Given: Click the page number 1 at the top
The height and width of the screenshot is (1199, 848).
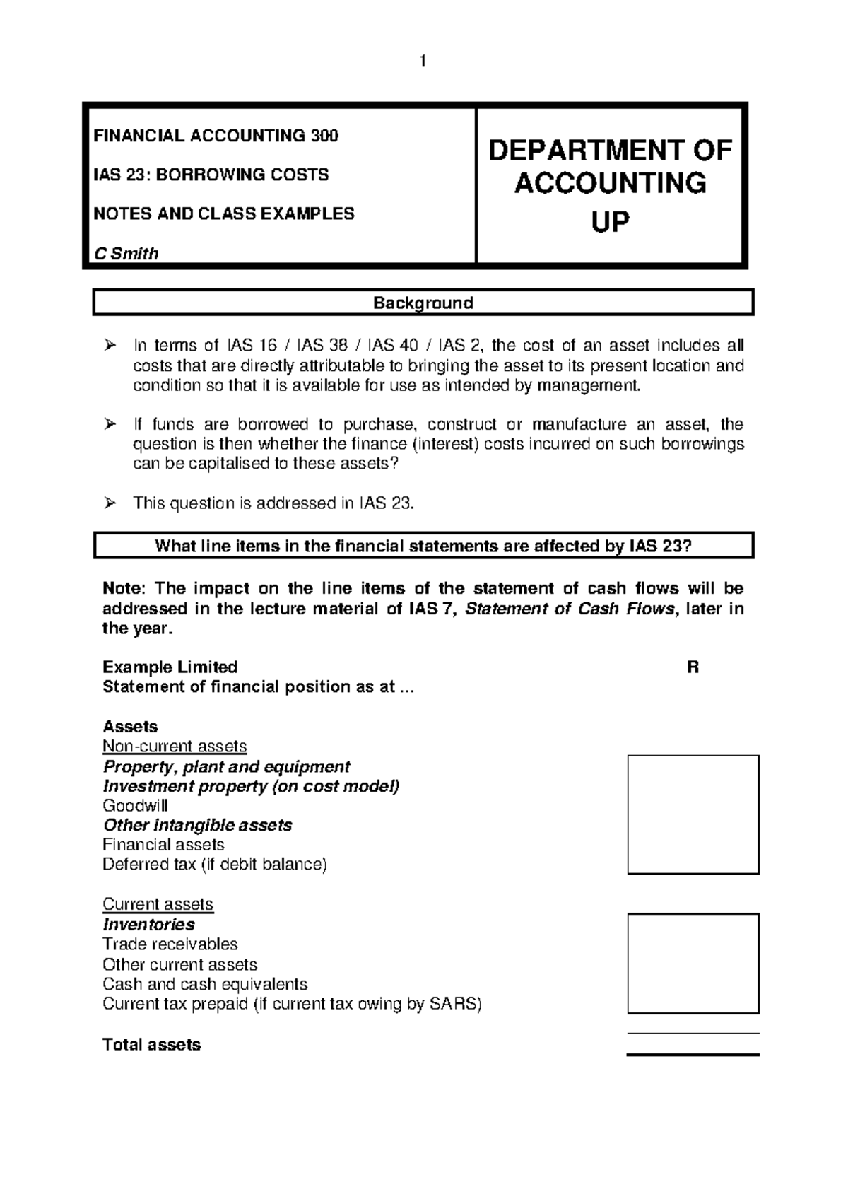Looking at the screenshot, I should click(x=423, y=62).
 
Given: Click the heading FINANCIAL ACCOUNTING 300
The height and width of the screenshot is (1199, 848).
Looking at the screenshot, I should click(x=216, y=136).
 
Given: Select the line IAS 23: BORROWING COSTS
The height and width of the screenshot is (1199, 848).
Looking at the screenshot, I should click(x=211, y=175).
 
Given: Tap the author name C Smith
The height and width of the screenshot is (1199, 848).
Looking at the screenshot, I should click(x=126, y=254).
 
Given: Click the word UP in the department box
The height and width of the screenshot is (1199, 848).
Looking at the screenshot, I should click(x=609, y=223).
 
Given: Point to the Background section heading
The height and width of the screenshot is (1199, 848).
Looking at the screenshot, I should click(x=423, y=303).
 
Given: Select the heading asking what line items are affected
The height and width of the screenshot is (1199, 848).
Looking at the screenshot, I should click(x=423, y=546).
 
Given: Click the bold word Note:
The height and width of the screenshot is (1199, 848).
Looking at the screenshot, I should click(x=124, y=588).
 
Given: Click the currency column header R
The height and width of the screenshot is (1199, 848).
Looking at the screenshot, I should click(x=693, y=667).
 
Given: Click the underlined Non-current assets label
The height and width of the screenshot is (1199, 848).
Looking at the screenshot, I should click(x=175, y=747).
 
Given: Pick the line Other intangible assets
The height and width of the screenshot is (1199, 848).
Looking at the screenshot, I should click(x=197, y=825).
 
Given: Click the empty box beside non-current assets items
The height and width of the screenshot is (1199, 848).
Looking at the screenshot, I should click(x=693, y=814).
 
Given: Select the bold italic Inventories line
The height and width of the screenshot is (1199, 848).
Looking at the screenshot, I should click(x=148, y=925).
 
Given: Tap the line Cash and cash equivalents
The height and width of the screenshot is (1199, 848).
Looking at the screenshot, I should click(x=205, y=984).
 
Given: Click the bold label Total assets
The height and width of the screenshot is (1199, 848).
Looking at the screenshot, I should click(x=151, y=1045).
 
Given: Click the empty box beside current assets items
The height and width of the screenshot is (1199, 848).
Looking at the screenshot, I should click(x=693, y=963).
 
